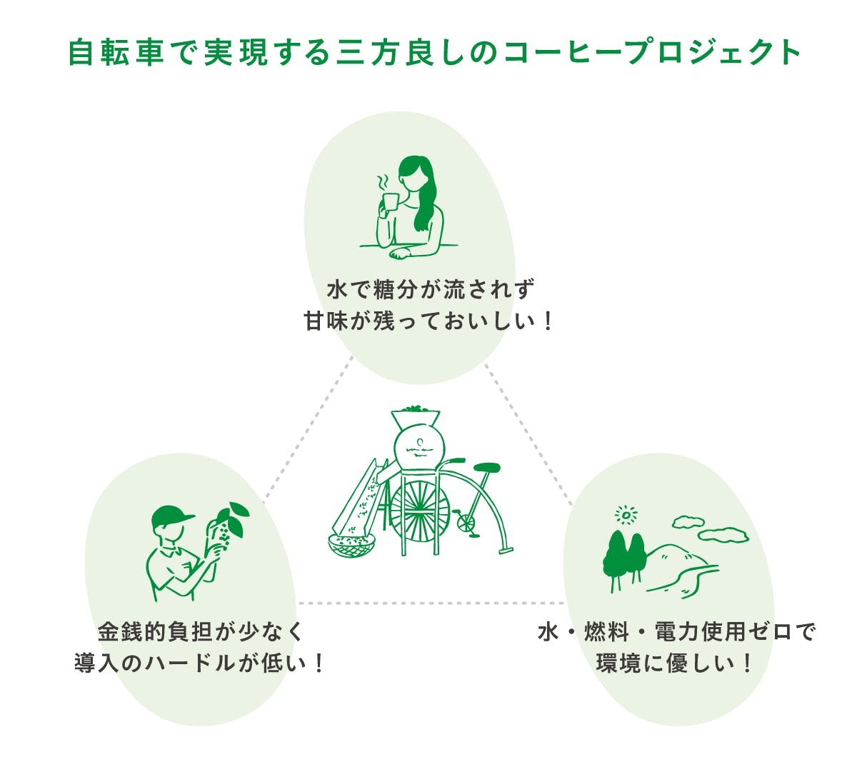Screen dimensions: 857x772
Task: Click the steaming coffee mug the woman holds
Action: [391, 204]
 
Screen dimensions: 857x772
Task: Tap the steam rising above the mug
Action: [383, 182]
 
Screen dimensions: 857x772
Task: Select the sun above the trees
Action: [626, 515]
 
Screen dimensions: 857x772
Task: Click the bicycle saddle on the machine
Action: [486, 467]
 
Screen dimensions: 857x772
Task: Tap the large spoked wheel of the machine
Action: [420, 508]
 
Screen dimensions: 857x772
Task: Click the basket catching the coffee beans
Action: [351, 546]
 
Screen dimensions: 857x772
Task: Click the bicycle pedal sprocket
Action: [466, 522]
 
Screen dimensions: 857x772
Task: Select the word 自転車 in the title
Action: [116, 53]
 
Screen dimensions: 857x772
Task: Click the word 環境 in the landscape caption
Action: [619, 663]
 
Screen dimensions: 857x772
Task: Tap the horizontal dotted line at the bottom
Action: [431, 603]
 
